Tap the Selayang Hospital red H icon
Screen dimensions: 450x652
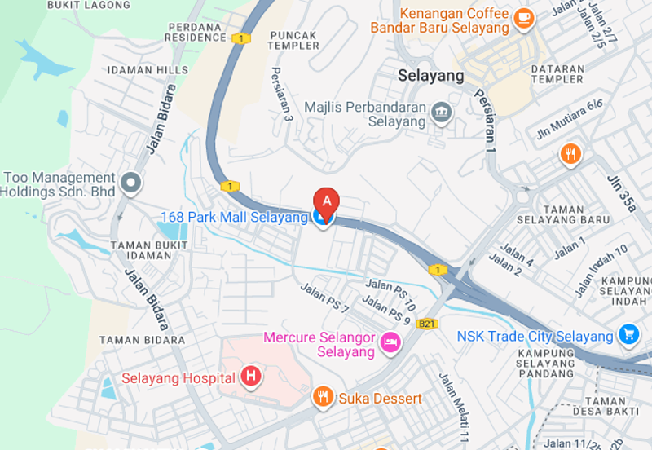point(252,377)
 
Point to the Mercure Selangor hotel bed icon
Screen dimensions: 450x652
point(390,343)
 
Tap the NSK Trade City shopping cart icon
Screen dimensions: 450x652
point(628,334)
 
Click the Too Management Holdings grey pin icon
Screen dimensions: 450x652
point(130,183)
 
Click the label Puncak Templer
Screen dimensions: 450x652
point(293,40)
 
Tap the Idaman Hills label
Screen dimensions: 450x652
point(141,70)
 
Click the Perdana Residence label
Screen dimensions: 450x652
point(196,33)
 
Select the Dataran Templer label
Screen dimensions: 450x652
point(557,74)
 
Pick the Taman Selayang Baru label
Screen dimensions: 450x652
point(563,214)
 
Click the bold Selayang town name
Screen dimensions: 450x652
point(431,76)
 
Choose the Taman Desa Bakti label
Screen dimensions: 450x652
point(617,406)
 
